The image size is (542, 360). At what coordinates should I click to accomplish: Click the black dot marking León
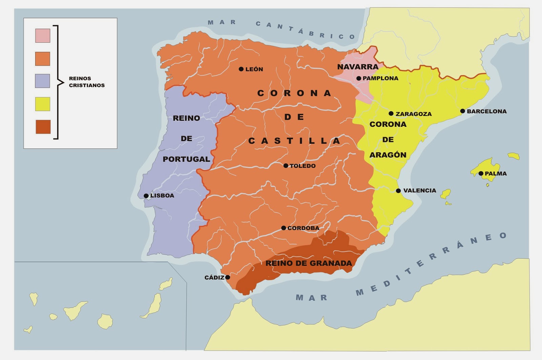(241, 69)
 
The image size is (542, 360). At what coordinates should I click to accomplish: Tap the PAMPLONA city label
(380, 78)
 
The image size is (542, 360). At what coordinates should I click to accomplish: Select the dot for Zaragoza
(391, 114)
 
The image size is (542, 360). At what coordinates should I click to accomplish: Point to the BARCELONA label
(486, 111)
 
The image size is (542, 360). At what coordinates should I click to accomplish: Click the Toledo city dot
(286, 166)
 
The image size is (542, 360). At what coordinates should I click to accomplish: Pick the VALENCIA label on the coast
(419, 191)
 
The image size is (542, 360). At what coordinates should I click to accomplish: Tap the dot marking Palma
(481, 174)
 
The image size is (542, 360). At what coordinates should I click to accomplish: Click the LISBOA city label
(162, 196)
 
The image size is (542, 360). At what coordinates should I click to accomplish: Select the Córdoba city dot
(284, 228)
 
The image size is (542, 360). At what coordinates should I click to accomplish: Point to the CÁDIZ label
(214, 278)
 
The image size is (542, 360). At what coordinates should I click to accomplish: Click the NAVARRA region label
(358, 67)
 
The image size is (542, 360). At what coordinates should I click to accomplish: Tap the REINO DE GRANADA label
(309, 263)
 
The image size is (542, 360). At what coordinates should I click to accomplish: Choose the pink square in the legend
(43, 36)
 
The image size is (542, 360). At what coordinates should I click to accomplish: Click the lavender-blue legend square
(43, 81)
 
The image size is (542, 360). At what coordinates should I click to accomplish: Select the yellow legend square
(43, 104)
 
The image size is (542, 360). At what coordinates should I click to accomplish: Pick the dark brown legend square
(43, 127)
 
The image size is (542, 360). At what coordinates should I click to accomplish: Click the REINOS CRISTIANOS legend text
(87, 82)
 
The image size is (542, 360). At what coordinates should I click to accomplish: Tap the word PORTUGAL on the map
(186, 159)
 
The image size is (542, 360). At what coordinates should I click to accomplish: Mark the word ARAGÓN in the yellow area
(388, 155)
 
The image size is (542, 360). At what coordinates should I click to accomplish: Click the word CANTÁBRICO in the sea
(305, 30)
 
